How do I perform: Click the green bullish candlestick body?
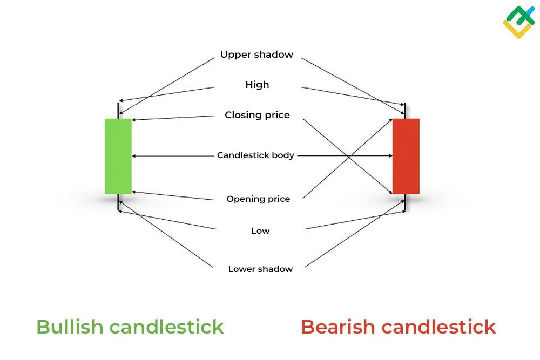click(x=118, y=156)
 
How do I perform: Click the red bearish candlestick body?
click(x=406, y=156)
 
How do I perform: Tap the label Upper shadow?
click(x=256, y=55)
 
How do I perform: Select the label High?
click(x=257, y=85)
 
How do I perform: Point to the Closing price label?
click(x=257, y=115)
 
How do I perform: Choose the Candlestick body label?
click(x=255, y=155)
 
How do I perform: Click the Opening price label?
click(x=258, y=199)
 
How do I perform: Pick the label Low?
click(x=260, y=231)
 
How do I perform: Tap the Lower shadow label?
click(x=260, y=269)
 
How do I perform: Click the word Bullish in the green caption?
click(x=70, y=327)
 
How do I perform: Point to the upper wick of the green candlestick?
click(x=118, y=110)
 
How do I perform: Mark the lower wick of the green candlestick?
click(x=118, y=203)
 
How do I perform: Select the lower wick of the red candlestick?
click(x=406, y=203)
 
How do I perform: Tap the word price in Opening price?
click(x=279, y=199)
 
